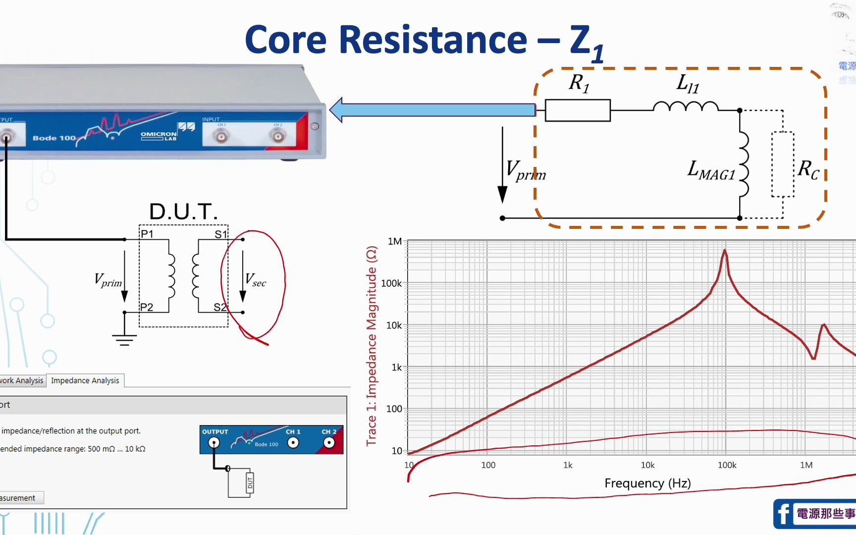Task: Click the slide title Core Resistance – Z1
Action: (424, 41)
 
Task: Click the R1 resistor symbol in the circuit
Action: (578, 110)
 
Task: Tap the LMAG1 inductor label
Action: (711, 170)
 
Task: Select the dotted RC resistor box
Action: (783, 164)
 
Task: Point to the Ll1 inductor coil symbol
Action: (686, 107)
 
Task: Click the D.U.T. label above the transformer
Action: (183, 212)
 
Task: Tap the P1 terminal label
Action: (147, 234)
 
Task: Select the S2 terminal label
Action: (220, 307)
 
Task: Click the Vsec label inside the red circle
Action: (256, 280)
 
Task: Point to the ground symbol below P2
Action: (124, 339)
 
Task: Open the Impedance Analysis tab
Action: (85, 380)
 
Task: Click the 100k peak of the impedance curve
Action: (725, 252)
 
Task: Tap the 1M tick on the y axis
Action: (395, 241)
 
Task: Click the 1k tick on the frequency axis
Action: (568, 465)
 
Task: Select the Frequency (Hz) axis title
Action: (647, 483)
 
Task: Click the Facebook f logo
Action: (784, 514)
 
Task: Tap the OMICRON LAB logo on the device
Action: (159, 136)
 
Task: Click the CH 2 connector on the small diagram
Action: (329, 443)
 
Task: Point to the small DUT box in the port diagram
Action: (250, 482)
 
